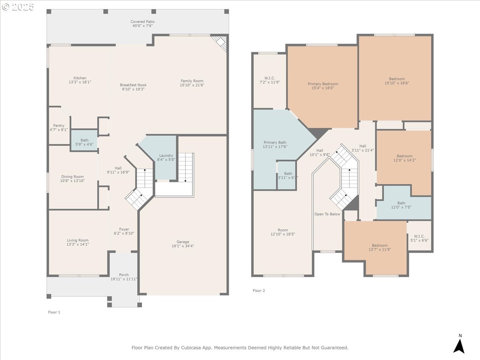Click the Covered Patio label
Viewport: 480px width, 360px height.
(x=142, y=22)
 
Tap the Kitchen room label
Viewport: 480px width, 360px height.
(x=80, y=78)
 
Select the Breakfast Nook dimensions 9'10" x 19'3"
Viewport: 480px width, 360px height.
(x=133, y=89)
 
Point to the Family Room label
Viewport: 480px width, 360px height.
(x=192, y=81)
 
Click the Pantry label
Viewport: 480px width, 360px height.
(x=59, y=126)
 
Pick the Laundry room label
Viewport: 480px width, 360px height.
(x=166, y=156)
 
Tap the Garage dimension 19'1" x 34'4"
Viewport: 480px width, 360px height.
(x=183, y=246)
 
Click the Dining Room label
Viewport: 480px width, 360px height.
(x=72, y=177)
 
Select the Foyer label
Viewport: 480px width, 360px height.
(x=124, y=229)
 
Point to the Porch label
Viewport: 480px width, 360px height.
(x=124, y=275)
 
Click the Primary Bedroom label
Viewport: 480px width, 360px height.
(x=323, y=84)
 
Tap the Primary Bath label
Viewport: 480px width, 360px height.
(x=275, y=142)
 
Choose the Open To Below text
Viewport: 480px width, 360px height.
(x=327, y=214)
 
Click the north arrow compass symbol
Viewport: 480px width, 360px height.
(x=460, y=346)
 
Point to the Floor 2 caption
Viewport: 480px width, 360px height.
(x=259, y=290)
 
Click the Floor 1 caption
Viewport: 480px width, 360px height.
(x=54, y=312)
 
